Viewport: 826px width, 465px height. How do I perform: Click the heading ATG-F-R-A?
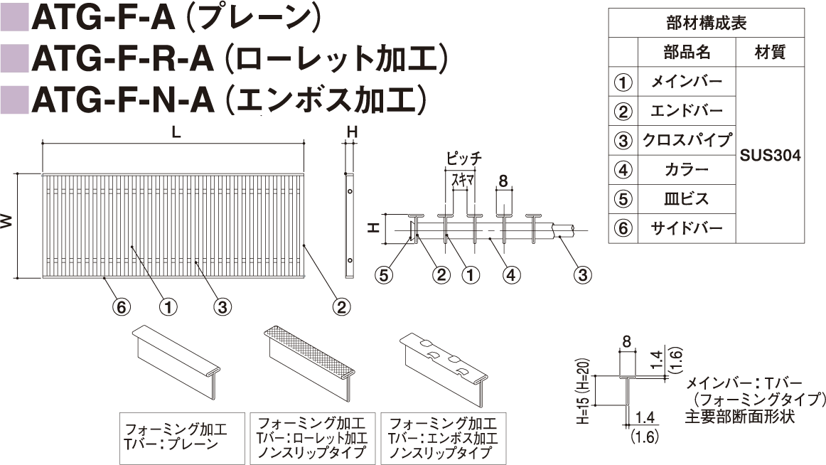(123, 59)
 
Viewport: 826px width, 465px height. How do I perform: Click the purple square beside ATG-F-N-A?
(14, 100)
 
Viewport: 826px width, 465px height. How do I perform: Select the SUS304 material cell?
(770, 155)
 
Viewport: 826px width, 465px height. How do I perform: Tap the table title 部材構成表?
(707, 23)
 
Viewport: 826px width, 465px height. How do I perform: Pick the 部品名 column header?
(687, 52)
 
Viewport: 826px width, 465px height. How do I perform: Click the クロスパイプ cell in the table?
(687, 140)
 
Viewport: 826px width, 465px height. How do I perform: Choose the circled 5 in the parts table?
(623, 199)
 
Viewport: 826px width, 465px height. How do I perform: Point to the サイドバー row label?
(687, 228)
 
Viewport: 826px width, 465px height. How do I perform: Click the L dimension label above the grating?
(176, 132)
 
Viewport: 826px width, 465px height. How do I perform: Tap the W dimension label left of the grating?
(6, 220)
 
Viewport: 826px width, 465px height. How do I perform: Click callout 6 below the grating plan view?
(121, 306)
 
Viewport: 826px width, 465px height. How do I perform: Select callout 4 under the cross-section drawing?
(511, 274)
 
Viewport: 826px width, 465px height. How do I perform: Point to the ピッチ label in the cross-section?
(463, 158)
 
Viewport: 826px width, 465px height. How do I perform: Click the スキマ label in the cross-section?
(463, 181)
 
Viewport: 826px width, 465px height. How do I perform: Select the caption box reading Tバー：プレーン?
(182, 438)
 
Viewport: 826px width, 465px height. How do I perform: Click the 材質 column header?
(770, 52)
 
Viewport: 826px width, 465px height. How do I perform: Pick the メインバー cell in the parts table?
(687, 82)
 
